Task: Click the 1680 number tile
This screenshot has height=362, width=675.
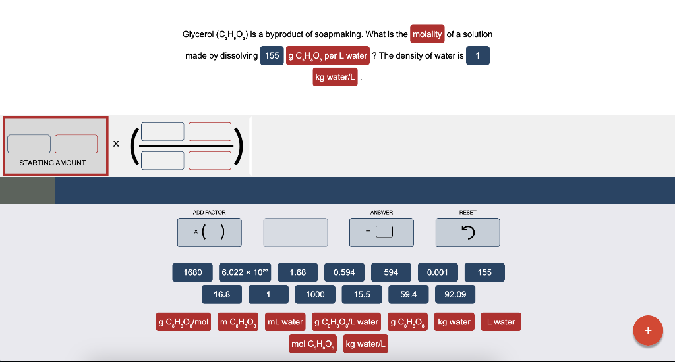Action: tap(193, 272)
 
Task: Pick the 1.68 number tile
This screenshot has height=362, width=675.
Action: tap(297, 272)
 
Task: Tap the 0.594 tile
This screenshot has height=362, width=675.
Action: tap(344, 272)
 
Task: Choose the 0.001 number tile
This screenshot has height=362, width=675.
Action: tap(438, 272)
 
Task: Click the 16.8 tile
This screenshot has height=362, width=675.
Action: tap(221, 294)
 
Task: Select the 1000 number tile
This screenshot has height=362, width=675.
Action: tap(315, 294)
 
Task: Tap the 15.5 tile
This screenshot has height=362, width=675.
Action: tap(362, 294)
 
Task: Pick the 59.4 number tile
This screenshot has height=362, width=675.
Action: tap(409, 294)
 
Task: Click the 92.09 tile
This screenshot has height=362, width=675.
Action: tap(455, 294)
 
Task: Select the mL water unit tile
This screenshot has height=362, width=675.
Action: tap(285, 322)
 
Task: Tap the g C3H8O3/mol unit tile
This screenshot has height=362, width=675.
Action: tap(183, 322)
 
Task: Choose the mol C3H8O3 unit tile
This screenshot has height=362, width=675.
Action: tap(313, 344)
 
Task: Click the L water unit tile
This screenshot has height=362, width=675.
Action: tap(501, 322)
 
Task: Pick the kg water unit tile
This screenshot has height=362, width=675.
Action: tap(454, 322)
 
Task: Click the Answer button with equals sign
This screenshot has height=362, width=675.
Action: tap(382, 232)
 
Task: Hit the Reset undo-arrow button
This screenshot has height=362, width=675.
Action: tap(467, 232)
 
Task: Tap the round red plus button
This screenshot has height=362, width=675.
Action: tap(648, 330)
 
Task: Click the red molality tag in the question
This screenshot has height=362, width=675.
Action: tap(427, 34)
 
